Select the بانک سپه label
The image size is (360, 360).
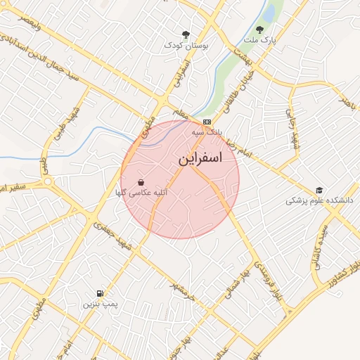pyautogui.click(x=207, y=132)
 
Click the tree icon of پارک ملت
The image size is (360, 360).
pyautogui.click(x=259, y=30)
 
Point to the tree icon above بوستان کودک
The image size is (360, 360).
pyautogui.click(x=186, y=34)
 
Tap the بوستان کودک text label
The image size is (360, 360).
pyautogui.click(x=186, y=45)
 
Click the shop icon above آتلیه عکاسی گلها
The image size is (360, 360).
pyautogui.click(x=141, y=181)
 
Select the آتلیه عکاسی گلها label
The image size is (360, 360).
pyautogui.click(x=142, y=192)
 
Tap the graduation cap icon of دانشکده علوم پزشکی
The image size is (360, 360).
pyautogui.click(x=319, y=190)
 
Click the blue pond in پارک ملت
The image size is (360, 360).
pyautogui.click(x=268, y=13)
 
